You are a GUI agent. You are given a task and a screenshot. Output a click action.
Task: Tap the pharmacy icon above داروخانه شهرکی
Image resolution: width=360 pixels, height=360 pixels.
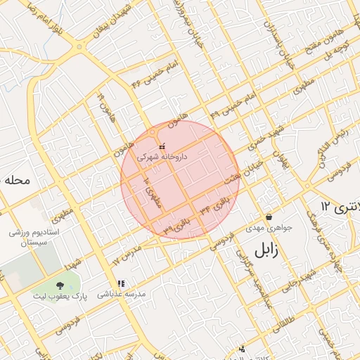[162, 147]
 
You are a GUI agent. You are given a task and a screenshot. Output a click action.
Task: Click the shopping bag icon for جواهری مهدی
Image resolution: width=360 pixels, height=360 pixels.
[269, 217]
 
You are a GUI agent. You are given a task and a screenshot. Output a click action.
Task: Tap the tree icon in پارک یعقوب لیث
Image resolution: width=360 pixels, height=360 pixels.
[59, 285]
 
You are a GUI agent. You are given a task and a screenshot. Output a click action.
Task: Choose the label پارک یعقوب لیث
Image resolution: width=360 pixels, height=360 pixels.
[59, 297]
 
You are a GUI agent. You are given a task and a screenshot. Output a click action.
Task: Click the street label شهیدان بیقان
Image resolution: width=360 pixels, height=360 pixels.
[116, 22]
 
